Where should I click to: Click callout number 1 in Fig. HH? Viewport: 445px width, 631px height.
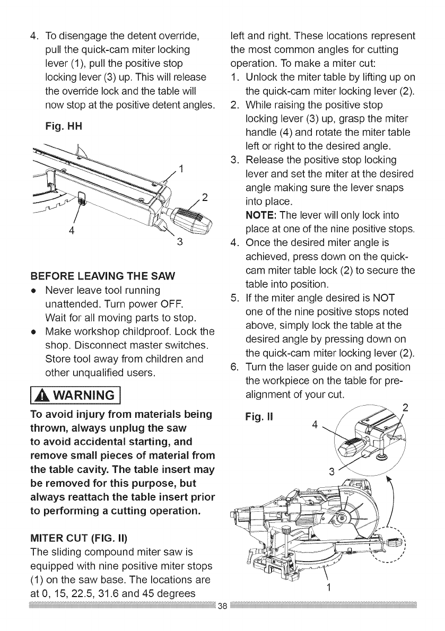181,170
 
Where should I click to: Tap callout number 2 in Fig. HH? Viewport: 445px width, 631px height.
204,198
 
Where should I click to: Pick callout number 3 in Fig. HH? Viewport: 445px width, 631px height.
180,243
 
